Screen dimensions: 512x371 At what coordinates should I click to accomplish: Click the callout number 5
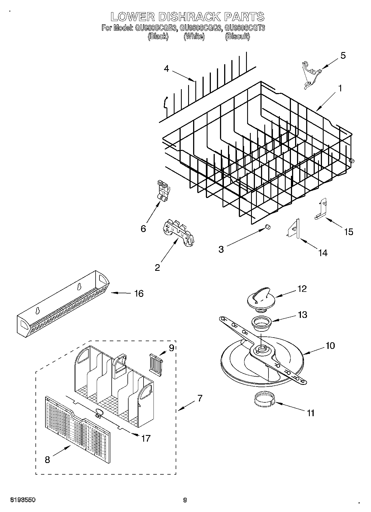point(343,56)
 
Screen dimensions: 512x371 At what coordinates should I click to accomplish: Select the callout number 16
point(139,294)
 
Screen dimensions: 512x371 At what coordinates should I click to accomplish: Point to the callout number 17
point(146,438)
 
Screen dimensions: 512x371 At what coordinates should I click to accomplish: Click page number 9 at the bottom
point(185,500)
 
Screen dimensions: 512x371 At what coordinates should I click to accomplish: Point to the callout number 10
point(330,346)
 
